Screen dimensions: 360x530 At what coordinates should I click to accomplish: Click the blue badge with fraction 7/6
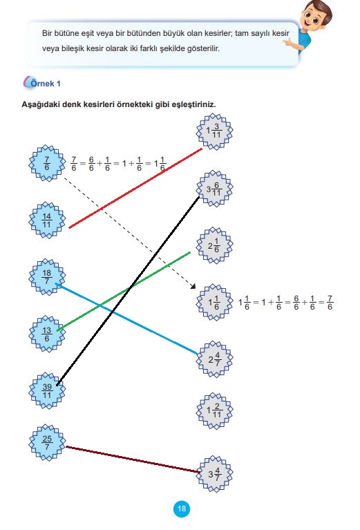point(47,163)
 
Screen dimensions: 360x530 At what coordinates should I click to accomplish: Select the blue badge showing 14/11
point(47,220)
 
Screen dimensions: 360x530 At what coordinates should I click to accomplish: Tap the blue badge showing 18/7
point(47,277)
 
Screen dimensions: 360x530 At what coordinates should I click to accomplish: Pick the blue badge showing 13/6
point(47,334)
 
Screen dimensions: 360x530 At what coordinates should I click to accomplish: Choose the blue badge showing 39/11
point(47,390)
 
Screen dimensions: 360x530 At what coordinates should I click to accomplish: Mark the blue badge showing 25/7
point(47,442)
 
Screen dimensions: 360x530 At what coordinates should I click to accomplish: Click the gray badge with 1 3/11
point(215,131)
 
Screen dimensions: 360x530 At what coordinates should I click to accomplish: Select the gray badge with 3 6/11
point(215,188)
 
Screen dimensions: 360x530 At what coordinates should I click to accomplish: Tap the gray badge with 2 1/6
point(215,245)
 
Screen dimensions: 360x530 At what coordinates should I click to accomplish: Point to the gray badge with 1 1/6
point(215,302)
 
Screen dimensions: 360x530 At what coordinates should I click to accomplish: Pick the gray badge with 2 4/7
point(215,359)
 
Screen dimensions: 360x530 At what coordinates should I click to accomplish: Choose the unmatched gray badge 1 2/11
point(215,410)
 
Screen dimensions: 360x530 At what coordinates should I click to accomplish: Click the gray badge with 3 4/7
point(215,474)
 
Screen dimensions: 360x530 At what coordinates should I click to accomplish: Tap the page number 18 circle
point(182,509)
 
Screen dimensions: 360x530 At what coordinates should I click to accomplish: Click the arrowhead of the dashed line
point(193,286)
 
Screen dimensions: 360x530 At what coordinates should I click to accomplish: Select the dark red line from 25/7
point(133,460)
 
